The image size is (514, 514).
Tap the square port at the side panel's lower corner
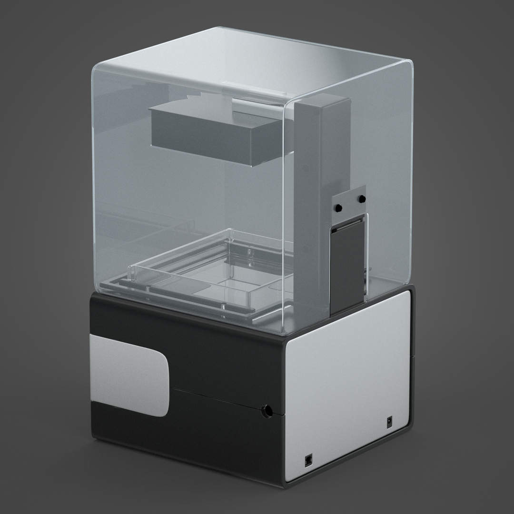click(x=308, y=460)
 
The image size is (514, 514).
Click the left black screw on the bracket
click(x=338, y=208)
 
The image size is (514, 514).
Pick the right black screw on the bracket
click(x=362, y=198)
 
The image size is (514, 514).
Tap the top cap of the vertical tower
click(x=324, y=99)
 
